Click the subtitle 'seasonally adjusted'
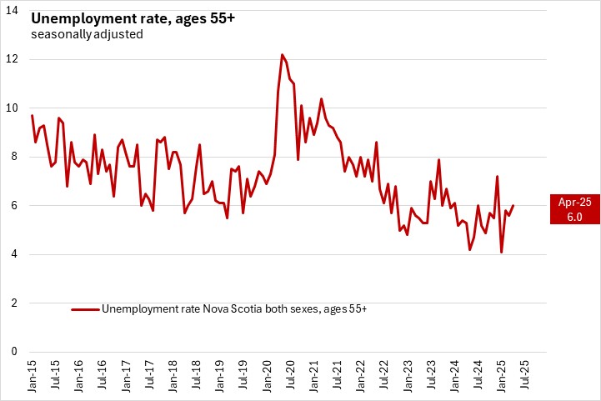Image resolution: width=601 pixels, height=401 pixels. coord(87,35)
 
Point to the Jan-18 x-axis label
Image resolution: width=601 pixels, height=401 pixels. coord(173,378)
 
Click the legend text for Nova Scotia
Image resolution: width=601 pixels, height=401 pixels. coord(234,309)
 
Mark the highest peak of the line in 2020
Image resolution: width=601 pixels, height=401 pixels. coord(283,54)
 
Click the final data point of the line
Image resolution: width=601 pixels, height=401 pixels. coord(513,205)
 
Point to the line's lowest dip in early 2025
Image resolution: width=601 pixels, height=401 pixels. coord(502,252)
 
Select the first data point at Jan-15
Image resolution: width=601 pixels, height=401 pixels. coord(32,115)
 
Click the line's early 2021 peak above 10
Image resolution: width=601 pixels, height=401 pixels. coord(322,98)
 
